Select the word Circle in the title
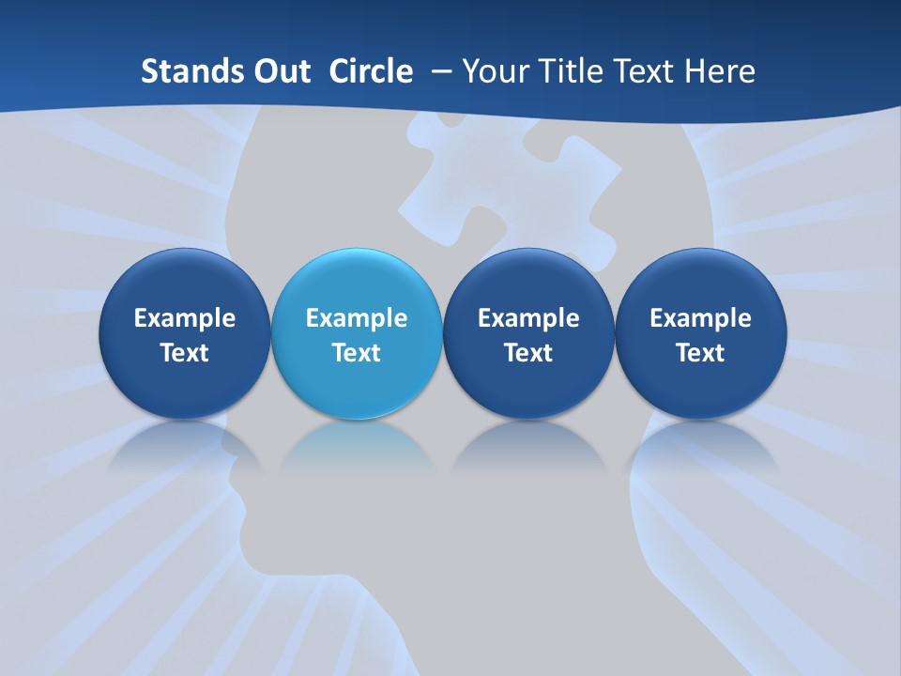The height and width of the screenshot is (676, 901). pyautogui.click(x=371, y=71)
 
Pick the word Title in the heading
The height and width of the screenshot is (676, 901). pyautogui.click(x=569, y=71)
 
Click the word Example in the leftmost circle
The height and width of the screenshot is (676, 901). pyautogui.click(x=185, y=318)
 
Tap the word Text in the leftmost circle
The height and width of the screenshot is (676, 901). pyautogui.click(x=185, y=353)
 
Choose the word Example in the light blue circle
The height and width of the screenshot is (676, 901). pyautogui.click(x=357, y=318)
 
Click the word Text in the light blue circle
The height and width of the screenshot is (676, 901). pyautogui.click(x=357, y=353)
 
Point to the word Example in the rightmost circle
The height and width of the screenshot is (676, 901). pyautogui.click(x=700, y=318)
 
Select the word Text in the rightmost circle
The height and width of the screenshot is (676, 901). pyautogui.click(x=700, y=353)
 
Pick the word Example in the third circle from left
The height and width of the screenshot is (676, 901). pyautogui.click(x=528, y=318)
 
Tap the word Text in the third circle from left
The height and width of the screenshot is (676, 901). pyautogui.click(x=528, y=353)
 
